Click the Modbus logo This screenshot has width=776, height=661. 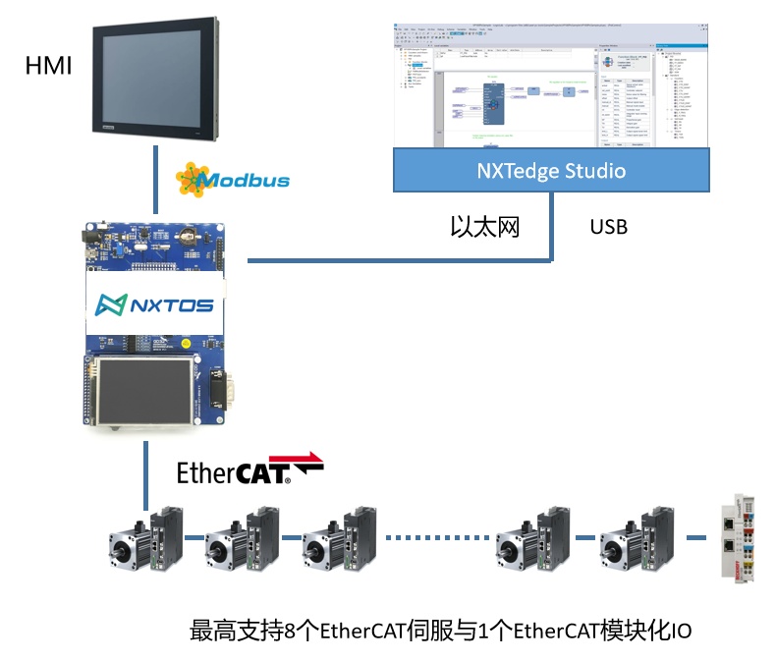(232, 180)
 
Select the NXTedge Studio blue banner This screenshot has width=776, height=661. (551, 170)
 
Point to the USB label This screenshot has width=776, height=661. (609, 227)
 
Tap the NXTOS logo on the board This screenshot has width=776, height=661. (154, 305)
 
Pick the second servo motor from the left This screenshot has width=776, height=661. (243, 539)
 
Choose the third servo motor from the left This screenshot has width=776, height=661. (341, 539)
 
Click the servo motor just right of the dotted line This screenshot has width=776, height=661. (533, 539)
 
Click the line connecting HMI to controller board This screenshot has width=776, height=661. (154, 183)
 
